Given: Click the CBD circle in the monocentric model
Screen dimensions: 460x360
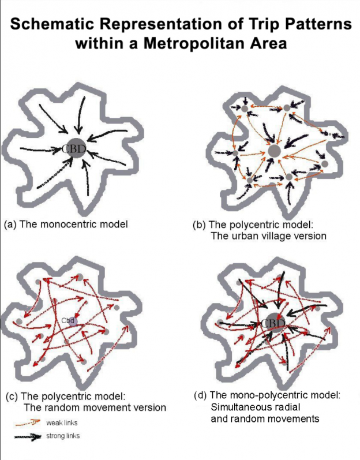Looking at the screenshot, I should (74, 149).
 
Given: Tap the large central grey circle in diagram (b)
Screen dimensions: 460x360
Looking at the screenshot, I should (275, 151).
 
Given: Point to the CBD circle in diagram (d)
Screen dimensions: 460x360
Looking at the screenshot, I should (273, 323).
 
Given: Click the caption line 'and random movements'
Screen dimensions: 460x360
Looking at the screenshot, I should (265, 418).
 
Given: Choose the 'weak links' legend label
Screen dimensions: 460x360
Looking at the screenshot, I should (63, 424).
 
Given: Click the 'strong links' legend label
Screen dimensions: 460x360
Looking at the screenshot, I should (63, 436).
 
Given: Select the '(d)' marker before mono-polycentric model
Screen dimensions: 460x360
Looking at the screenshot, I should (198, 395).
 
